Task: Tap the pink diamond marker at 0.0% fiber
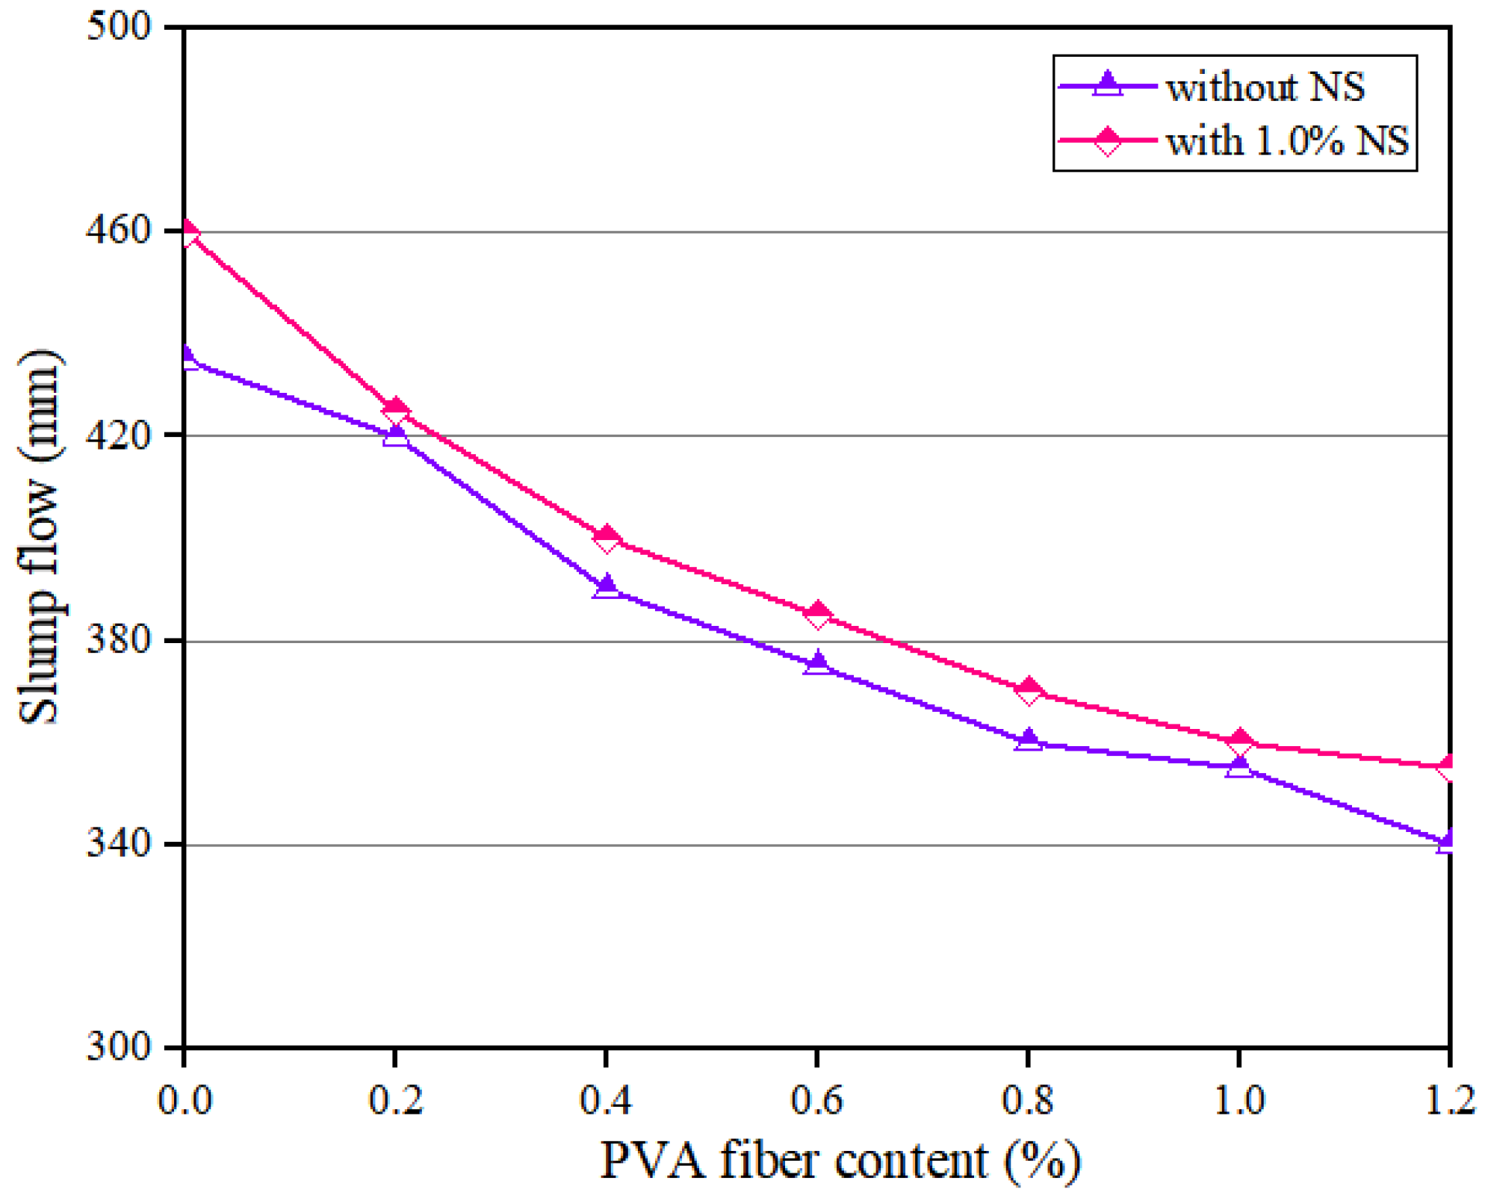pos(187,232)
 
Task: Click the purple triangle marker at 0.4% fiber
pos(607,586)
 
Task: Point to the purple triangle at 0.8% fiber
pos(1029,740)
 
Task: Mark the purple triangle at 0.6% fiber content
pos(818,663)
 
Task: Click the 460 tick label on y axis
pos(120,231)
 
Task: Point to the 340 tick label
pos(120,844)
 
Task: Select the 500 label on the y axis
pos(120,27)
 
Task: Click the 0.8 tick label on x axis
pos(1028,1100)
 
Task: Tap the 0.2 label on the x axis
pos(395,1100)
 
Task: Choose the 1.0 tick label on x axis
pos(1239,1100)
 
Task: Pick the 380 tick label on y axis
pos(120,640)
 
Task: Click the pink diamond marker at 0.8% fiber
pos(1029,691)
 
